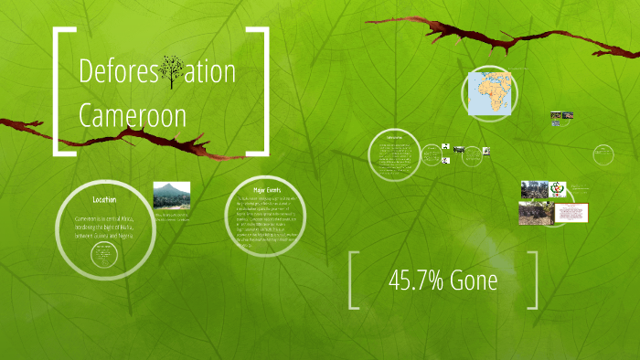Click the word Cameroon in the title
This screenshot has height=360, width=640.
pos(133,116)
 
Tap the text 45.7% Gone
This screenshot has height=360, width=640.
pos(443,281)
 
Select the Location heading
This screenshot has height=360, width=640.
pos(103,199)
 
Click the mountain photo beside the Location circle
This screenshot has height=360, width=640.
pos(171,196)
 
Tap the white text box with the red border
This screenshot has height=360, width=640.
pos(568,213)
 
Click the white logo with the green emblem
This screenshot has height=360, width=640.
pos(556,190)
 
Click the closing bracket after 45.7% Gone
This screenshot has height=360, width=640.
pos(531,281)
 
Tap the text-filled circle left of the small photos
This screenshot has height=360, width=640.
pos(395,154)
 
